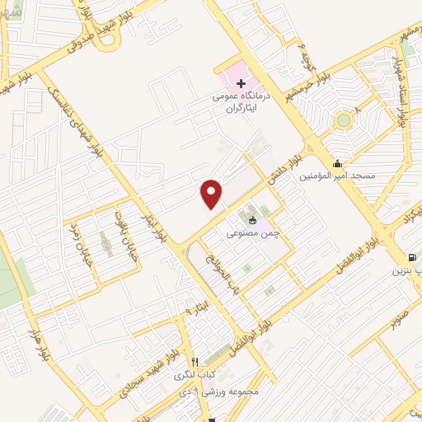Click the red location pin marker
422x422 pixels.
click(212, 194)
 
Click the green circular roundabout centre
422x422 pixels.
click(343, 121)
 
